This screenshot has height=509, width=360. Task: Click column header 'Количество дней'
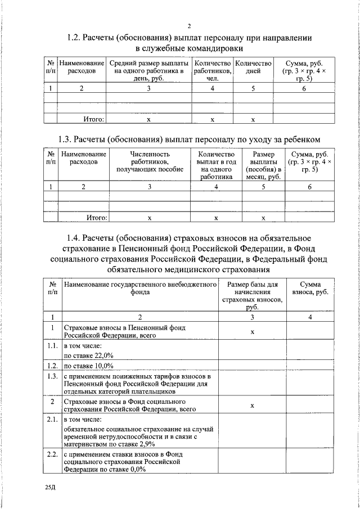pos(253,67)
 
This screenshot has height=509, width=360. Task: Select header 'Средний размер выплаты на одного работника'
pos(149,71)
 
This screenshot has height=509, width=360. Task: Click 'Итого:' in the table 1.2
pos(93,119)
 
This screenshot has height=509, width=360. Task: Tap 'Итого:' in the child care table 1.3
pos(96,217)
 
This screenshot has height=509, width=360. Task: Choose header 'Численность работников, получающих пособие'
pos(149,161)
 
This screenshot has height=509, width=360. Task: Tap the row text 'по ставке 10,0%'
pos(88,366)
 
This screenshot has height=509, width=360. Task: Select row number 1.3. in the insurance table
pos(52,376)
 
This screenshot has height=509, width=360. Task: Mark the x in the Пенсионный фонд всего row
pos(253,331)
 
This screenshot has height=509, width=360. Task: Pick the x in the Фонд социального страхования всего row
pos(253,406)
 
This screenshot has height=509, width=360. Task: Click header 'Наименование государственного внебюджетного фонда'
pos(140,289)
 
